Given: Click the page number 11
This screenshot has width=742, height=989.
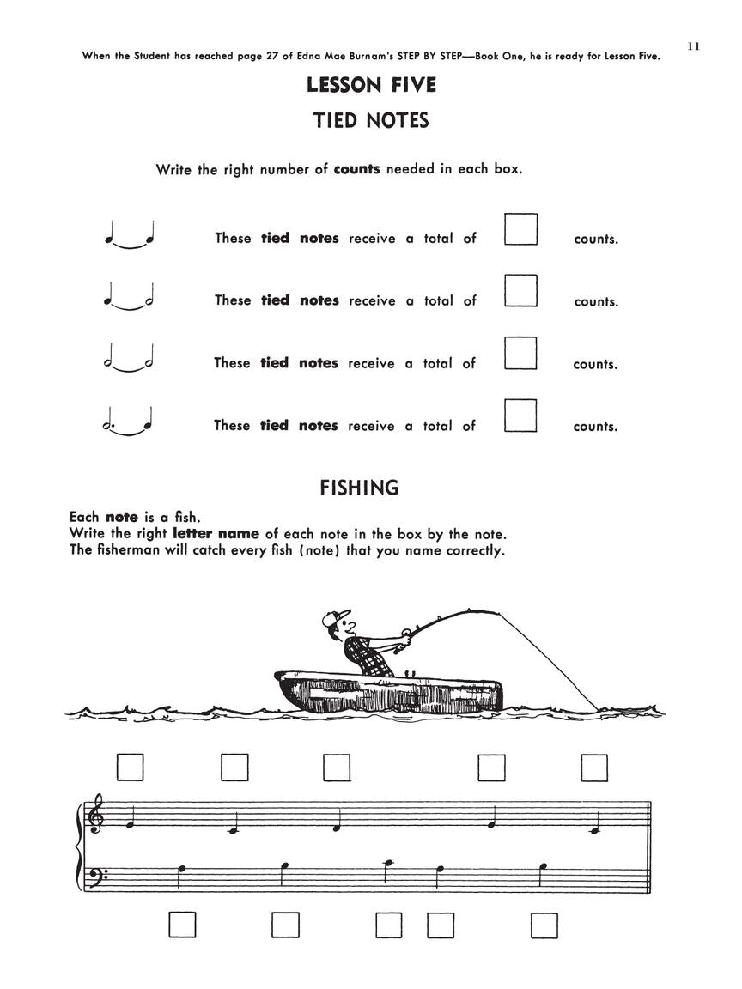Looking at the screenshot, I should pyautogui.click(x=694, y=46).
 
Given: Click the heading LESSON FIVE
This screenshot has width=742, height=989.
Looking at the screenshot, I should pyautogui.click(x=371, y=85).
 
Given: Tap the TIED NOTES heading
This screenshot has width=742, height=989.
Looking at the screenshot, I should pyautogui.click(x=371, y=120).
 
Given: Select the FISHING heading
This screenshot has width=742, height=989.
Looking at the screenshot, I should pyautogui.click(x=360, y=488).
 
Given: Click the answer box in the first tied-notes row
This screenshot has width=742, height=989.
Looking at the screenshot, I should pyautogui.click(x=520, y=229).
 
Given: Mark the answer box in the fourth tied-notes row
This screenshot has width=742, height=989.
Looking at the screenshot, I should pyautogui.click(x=520, y=416).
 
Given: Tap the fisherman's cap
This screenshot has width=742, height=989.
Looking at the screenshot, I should pyautogui.click(x=337, y=616).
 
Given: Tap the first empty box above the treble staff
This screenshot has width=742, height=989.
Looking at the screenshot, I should pyautogui.click(x=130, y=767).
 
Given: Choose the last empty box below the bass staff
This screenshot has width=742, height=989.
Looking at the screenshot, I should pyautogui.click(x=544, y=925).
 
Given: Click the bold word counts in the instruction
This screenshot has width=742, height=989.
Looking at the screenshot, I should pyautogui.click(x=356, y=169).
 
